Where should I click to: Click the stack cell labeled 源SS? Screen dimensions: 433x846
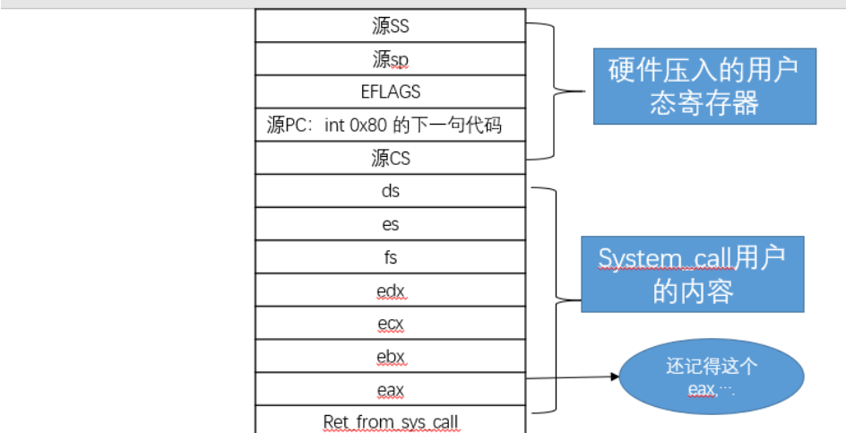pos(390,26)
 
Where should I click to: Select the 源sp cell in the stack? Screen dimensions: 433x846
pos(390,59)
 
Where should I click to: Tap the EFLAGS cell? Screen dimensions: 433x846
pos(390,91)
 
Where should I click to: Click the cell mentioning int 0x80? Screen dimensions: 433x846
pos(390,125)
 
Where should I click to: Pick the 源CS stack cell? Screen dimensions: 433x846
pos(390,158)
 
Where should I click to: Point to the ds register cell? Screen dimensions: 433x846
pos(390,191)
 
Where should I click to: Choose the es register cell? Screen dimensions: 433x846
pos(390,224)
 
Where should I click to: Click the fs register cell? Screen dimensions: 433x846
pos(390,257)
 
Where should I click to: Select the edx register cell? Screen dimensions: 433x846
pos(390,290)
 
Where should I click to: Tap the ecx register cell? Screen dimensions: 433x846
pos(390,324)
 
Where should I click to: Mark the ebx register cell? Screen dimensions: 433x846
pos(390,357)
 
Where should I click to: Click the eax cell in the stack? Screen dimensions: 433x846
pos(390,389)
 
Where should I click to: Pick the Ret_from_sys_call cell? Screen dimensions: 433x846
pos(390,420)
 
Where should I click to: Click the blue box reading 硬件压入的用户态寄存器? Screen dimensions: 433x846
pos(704,85)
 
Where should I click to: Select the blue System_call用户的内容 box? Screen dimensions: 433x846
pos(692,273)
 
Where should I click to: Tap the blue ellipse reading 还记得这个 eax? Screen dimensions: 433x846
pos(712,377)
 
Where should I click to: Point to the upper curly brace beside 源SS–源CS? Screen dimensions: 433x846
pos(560,91)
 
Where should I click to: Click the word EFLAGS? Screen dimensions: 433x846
pos(390,91)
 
